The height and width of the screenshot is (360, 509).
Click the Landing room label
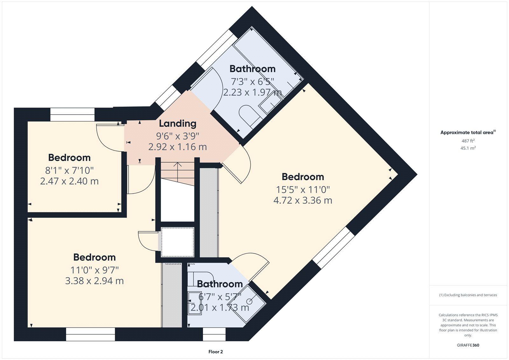tap(178, 124)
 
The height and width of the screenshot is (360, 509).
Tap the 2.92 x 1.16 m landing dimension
tap(178, 147)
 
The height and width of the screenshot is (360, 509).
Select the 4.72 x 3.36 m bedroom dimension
tap(303, 200)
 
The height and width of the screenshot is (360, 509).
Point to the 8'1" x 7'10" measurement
tap(69, 170)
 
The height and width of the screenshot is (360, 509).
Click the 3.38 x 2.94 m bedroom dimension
tap(94, 281)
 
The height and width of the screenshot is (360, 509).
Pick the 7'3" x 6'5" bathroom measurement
tap(253, 81)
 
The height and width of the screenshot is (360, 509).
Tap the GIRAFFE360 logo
tap(468, 345)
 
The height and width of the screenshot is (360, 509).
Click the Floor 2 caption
tap(215, 352)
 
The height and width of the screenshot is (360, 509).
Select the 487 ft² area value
tap(468, 141)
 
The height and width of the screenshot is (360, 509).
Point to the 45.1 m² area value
tap(468, 148)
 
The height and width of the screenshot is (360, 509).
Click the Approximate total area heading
tap(468, 132)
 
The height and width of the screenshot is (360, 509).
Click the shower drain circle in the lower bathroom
tap(249, 302)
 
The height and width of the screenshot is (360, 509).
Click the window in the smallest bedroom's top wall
tap(72, 115)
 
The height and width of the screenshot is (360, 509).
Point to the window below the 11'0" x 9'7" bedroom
tap(90, 334)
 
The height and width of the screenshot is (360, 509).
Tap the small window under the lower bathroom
tap(214, 334)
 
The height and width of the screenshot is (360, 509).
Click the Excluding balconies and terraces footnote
tap(468, 295)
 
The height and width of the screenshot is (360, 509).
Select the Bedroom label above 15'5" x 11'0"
tap(303, 177)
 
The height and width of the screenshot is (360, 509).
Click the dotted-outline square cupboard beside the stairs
tap(178, 242)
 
